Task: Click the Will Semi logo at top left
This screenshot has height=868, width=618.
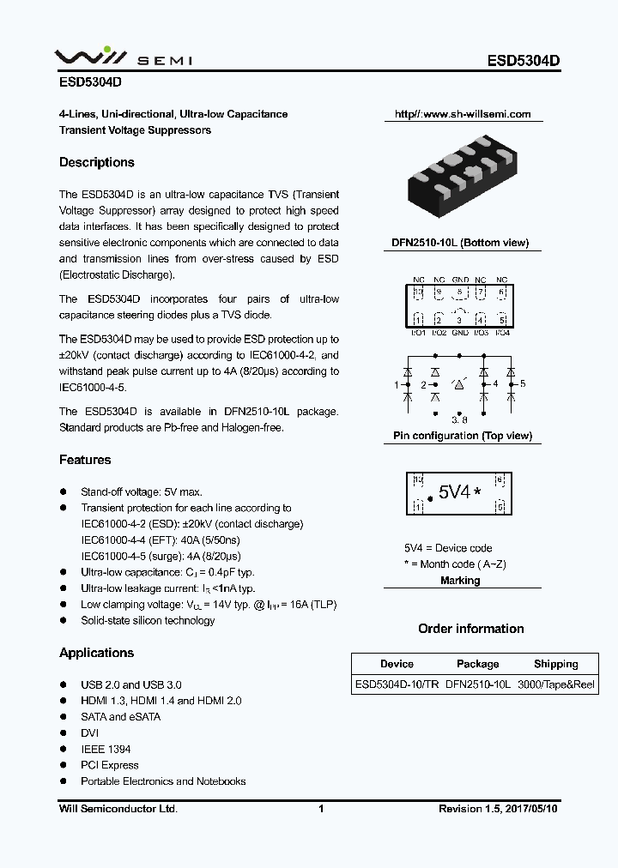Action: click(124, 59)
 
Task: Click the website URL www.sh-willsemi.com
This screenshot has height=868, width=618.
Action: click(463, 114)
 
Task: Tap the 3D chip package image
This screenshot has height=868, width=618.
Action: click(462, 178)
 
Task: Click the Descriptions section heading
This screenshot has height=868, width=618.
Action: click(97, 162)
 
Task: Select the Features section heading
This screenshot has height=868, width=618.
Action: click(85, 460)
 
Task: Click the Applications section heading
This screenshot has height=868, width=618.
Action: click(96, 653)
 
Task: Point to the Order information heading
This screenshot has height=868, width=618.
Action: click(470, 629)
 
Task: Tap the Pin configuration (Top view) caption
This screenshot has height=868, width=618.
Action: click(462, 436)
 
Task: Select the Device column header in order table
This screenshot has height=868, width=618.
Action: click(397, 664)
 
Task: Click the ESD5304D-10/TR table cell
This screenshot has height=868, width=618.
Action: click(397, 685)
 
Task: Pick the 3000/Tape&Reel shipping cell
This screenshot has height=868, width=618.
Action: click(556, 685)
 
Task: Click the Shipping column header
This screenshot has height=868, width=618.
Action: click(556, 664)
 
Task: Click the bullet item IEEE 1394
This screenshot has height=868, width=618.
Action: click(106, 749)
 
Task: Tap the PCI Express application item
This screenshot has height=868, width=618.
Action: click(109, 765)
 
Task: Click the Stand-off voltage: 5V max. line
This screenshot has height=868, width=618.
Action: click(142, 491)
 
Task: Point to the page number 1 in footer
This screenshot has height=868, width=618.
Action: click(320, 809)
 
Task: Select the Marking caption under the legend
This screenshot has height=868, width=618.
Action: click(461, 581)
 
